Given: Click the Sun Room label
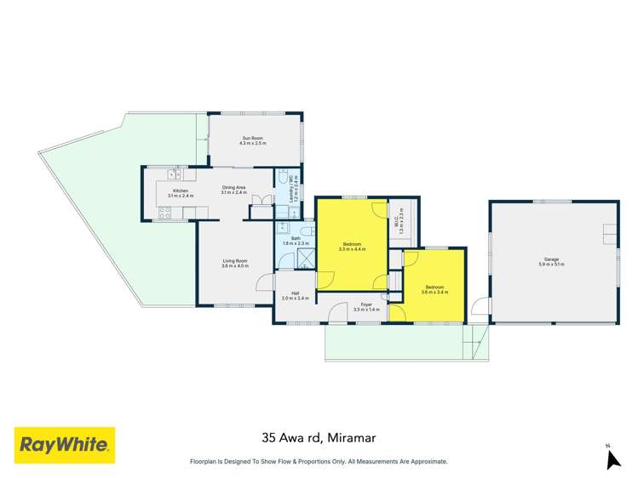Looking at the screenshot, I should [x=254, y=137].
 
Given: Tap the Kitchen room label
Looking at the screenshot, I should [x=181, y=191].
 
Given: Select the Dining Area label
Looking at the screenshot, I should [x=233, y=187].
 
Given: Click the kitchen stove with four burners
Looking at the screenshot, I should [x=164, y=216].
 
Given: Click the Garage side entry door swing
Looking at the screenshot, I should [x=482, y=305].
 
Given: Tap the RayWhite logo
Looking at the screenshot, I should [x=65, y=445].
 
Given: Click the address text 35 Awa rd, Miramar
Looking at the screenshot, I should [x=319, y=439].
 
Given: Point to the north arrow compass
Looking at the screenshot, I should [x=612, y=458].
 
